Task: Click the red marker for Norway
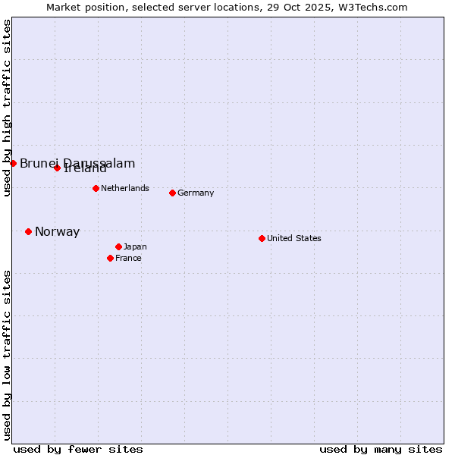[28, 231]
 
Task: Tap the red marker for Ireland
[57, 168]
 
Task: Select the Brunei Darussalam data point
[13, 163]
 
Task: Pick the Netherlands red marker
[96, 188]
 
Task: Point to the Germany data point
[172, 193]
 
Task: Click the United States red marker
[262, 238]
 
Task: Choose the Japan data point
[118, 246]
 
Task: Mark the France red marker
[110, 258]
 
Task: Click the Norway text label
[57, 232]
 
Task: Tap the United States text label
[294, 238]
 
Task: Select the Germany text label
[196, 193]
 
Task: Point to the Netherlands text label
[125, 188]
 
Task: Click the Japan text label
[135, 246]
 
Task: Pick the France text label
[128, 258]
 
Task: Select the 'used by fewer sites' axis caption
[78, 449]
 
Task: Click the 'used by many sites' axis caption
[381, 449]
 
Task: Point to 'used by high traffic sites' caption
[7, 108]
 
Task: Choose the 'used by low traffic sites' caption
[7, 355]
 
